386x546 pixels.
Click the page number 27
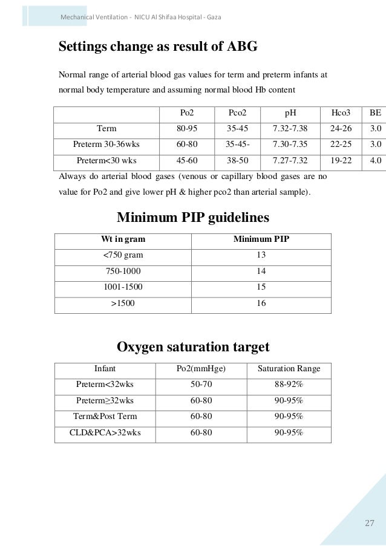pos(370,523)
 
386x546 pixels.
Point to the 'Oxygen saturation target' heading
pos(192,347)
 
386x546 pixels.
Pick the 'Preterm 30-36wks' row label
pos(106,145)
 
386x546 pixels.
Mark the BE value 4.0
pos(375,161)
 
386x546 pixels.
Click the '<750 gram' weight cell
pos(123,256)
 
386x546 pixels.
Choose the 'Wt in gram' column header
pos(123,239)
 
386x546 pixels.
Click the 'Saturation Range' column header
pos(289,368)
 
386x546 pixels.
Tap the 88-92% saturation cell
pos(289,384)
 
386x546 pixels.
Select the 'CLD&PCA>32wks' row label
pos(105,433)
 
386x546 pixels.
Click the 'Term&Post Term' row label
pos(105,417)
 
